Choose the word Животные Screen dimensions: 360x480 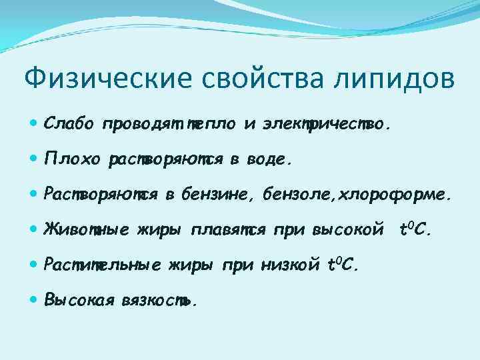pos(84,231)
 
